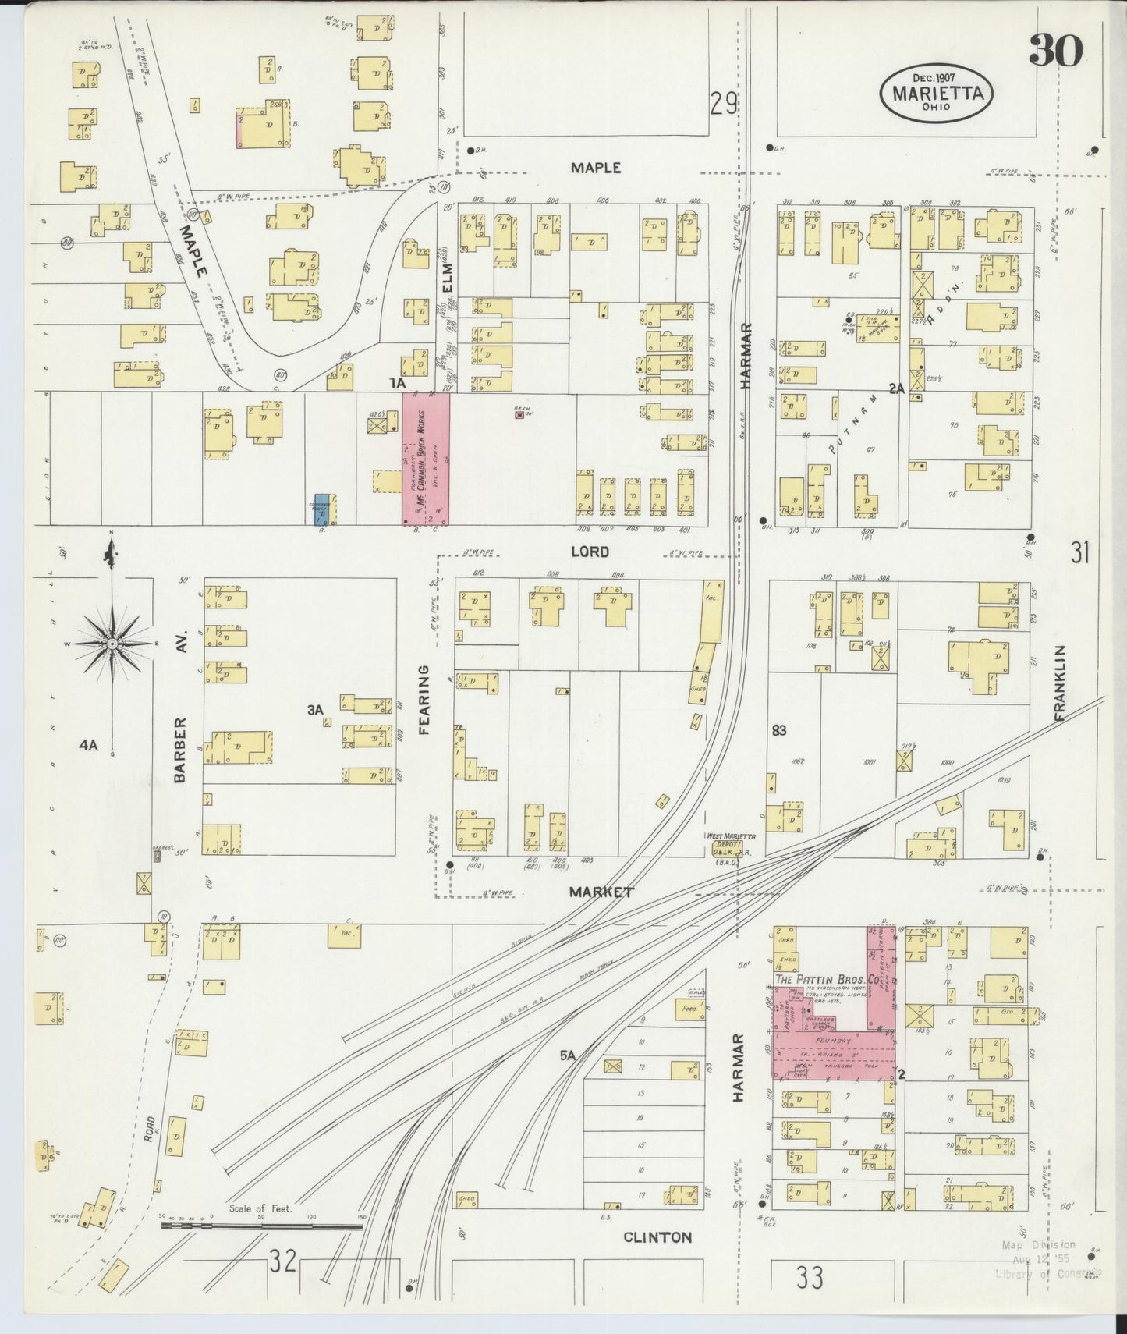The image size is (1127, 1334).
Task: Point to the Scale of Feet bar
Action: pyautogui.click(x=261, y=1226)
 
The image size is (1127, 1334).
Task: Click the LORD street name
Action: pyautogui.click(x=590, y=552)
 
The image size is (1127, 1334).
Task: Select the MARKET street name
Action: pyautogui.click(x=601, y=892)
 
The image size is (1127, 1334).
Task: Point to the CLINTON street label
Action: pyautogui.click(x=657, y=1237)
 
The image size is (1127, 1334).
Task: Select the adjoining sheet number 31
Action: pyautogui.click(x=1079, y=553)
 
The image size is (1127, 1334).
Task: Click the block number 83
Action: pyautogui.click(x=778, y=730)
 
